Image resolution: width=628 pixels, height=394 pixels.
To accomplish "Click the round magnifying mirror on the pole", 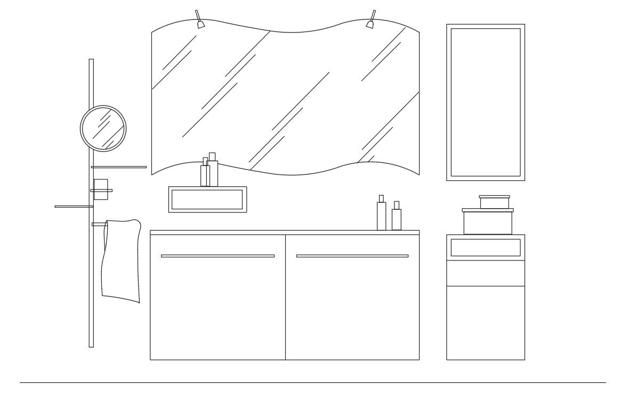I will [103, 128].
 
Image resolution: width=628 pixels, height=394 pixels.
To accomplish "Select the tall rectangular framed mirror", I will [485, 102].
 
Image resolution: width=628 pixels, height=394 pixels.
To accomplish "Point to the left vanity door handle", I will [218, 256].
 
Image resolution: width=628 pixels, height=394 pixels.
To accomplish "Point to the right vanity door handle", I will [352, 256].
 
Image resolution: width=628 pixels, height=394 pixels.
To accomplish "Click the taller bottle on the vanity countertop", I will [381, 215].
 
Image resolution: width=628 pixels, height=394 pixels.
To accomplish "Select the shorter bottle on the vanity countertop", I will [396, 218].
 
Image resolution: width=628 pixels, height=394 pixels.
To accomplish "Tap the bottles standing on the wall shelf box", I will [209, 172].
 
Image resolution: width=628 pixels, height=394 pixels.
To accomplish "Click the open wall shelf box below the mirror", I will [207, 200].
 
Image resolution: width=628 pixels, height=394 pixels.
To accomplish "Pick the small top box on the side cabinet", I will [494, 202].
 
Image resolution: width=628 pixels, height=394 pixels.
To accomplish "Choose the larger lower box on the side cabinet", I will [487, 222].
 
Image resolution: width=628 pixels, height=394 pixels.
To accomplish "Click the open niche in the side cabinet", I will [485, 247].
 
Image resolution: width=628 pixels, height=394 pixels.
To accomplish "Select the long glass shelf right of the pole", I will [119, 167].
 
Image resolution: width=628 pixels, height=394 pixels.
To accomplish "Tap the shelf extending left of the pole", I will [73, 206].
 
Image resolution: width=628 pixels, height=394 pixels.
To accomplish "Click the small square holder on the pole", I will [101, 189].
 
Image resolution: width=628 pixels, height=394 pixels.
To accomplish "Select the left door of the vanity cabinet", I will [218, 304].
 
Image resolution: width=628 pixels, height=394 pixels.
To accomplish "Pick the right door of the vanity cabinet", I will [352, 304].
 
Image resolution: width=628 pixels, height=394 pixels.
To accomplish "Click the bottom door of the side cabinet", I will [485, 322].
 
